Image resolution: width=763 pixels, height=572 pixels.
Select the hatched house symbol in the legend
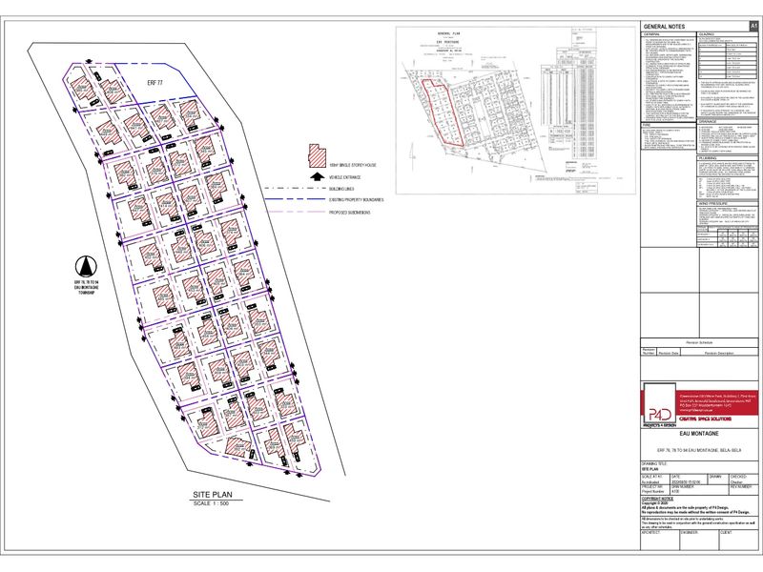pos(314,153)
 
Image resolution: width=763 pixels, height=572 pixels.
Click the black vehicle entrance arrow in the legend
pos(314,176)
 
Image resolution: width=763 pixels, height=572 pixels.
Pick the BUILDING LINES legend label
pos(344,188)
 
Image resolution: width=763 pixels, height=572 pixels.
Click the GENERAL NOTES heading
pos(667,26)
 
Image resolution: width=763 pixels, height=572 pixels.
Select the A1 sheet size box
pos(753,26)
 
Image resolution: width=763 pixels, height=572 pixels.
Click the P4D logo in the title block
pos(658,405)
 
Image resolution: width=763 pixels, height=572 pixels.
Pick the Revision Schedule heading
pos(699,340)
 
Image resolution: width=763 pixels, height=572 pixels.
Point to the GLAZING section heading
pos(707,33)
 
